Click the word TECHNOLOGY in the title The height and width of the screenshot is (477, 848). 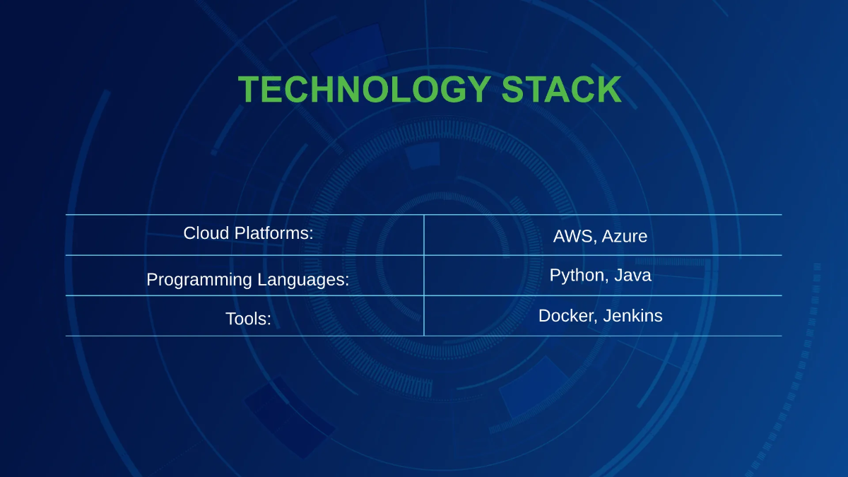pyautogui.click(x=364, y=90)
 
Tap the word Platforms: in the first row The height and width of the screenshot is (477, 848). pyautogui.click(x=271, y=233)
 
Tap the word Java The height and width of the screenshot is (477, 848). pyautogui.click(x=632, y=276)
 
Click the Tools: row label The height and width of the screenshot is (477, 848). pyautogui.click(x=248, y=319)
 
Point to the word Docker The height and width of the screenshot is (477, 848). pyautogui.click(x=567, y=316)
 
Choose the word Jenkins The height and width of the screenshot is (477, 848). pyautogui.click(x=633, y=316)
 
